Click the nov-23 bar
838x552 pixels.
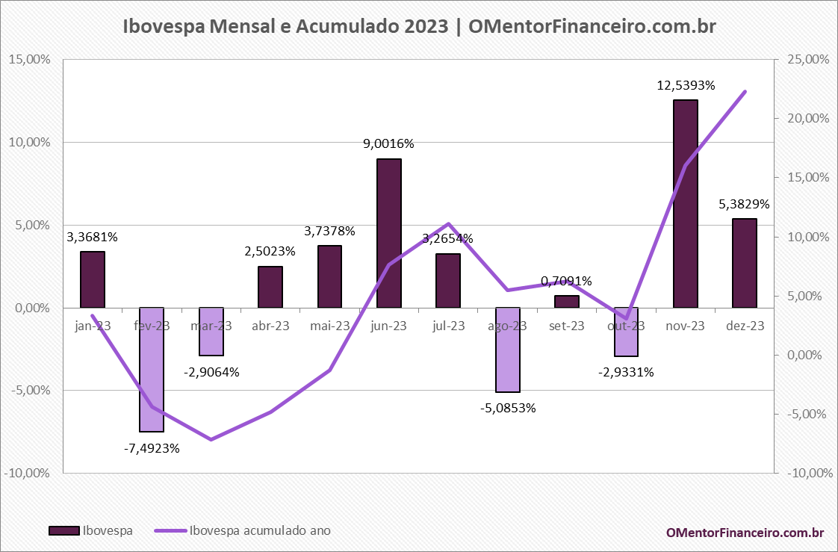click(x=685, y=203)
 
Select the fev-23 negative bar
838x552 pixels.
click(x=152, y=369)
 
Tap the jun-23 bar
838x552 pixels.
click(x=389, y=232)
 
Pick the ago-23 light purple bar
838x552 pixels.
click(x=508, y=350)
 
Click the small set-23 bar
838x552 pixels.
click(x=567, y=301)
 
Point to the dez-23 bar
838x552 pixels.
click(x=745, y=263)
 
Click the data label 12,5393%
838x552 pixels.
click(x=686, y=86)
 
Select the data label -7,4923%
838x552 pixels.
click(x=152, y=448)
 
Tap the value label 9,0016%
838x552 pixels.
click(x=388, y=143)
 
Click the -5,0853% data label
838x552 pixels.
click(x=508, y=409)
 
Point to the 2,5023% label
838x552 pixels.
click(x=270, y=251)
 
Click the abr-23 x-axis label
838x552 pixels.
click(x=270, y=326)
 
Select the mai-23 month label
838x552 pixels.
click(x=329, y=326)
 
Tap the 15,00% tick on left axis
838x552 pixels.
click(x=29, y=60)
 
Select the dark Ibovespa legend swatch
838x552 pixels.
click(x=64, y=530)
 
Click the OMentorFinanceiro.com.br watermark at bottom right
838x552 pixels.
click(x=745, y=532)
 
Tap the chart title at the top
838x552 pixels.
click(x=419, y=27)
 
